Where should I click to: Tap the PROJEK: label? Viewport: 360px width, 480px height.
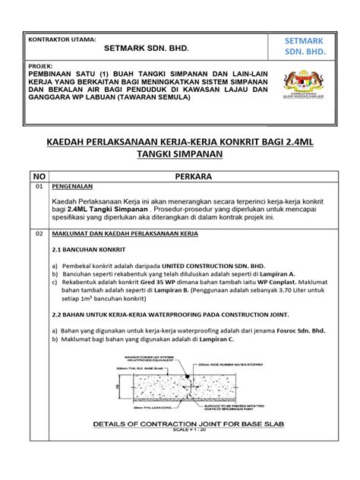[40, 66]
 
